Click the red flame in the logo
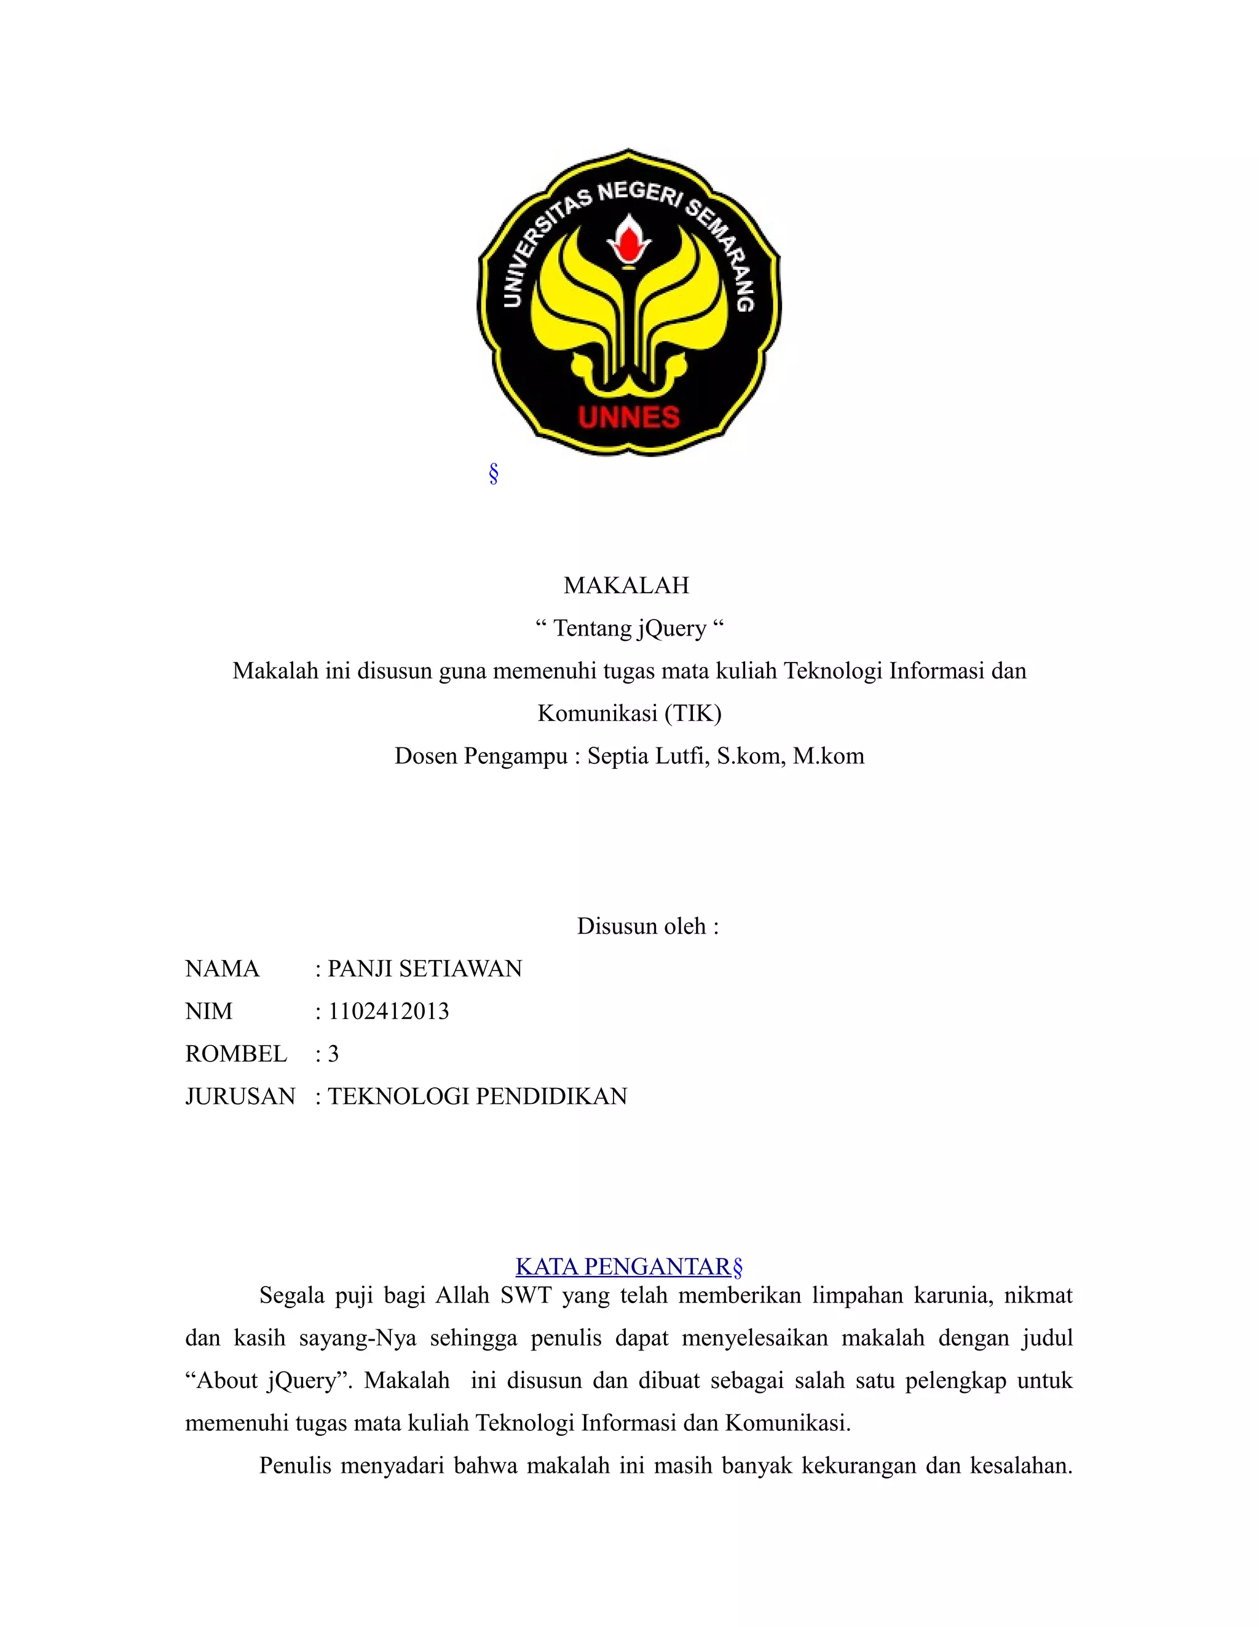click(x=629, y=240)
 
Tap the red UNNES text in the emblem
click(x=629, y=417)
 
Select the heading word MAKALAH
click(x=626, y=586)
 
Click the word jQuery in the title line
click(x=671, y=629)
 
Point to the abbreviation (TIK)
click(x=693, y=714)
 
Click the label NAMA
click(x=222, y=969)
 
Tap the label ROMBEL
click(x=236, y=1054)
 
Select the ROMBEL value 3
click(x=333, y=1054)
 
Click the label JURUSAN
click(x=240, y=1096)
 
